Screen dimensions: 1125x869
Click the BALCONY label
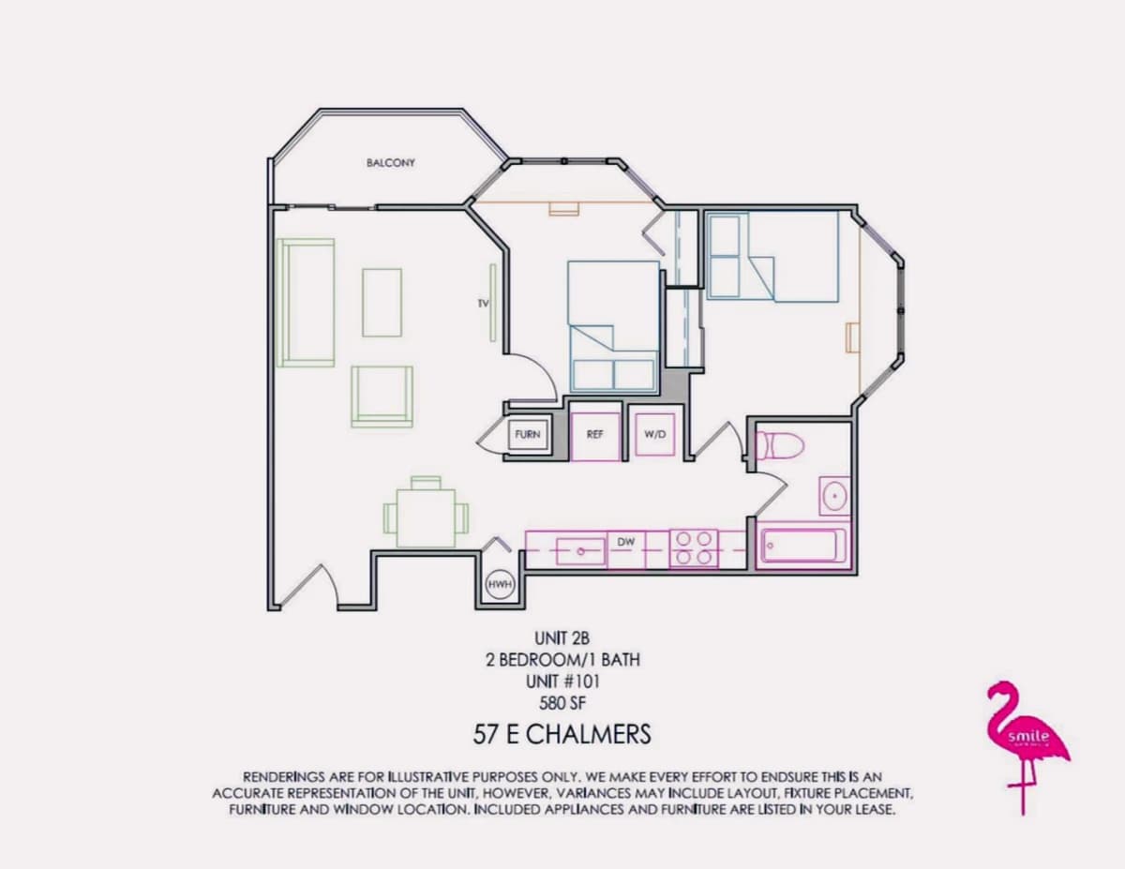pyautogui.click(x=391, y=163)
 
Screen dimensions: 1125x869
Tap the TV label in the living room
pyautogui.click(x=483, y=304)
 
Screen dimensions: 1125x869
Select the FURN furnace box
pyautogui.click(x=528, y=434)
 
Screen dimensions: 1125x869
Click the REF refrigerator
pyautogui.click(x=595, y=436)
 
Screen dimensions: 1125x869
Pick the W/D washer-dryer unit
pyautogui.click(x=655, y=435)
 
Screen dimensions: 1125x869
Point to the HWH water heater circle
pyautogui.click(x=500, y=584)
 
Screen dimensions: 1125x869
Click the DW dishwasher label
pyautogui.click(x=626, y=542)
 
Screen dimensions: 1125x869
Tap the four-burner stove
pyautogui.click(x=694, y=548)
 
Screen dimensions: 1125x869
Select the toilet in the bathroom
pyautogui.click(x=780, y=445)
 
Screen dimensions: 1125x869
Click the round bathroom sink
pyautogui.click(x=834, y=496)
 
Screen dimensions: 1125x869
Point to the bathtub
pyautogui.click(x=802, y=546)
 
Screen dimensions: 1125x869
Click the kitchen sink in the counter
pyautogui.click(x=580, y=551)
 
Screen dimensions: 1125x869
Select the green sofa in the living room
pyautogui.click(x=306, y=303)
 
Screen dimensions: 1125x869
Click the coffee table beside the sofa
pyautogui.click(x=382, y=303)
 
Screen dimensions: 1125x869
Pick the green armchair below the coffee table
pyautogui.click(x=382, y=397)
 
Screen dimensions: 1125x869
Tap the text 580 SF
pyautogui.click(x=562, y=703)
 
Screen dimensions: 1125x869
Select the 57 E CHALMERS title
pyautogui.click(x=562, y=734)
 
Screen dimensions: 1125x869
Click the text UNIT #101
pyautogui.click(x=562, y=682)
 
